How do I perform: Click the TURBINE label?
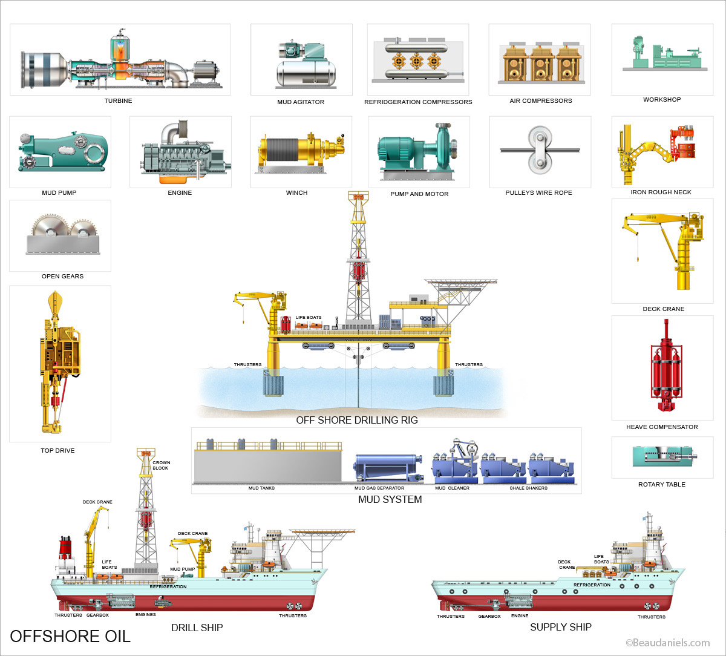[118, 101]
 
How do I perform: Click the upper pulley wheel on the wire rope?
[536, 137]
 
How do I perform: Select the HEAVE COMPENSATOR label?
[662, 427]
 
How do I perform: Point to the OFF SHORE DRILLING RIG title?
[356, 420]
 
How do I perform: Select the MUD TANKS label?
[262, 488]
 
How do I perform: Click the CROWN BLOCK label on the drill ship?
[161, 465]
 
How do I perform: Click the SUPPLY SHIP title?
[560, 627]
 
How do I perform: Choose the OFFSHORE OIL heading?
[70, 636]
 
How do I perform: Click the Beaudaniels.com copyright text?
[667, 643]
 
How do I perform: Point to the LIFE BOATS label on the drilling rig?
[308, 318]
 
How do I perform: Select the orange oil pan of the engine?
[172, 179]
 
